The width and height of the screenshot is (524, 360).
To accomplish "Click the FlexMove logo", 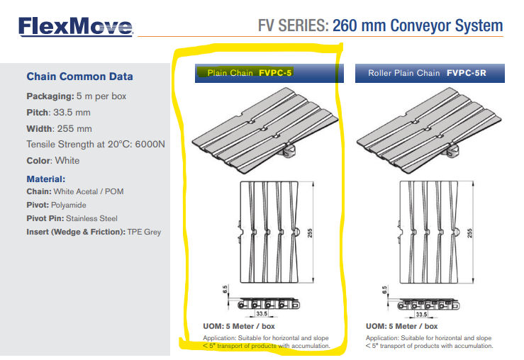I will pyautogui.click(x=75, y=28).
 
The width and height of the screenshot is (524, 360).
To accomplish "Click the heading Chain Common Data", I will pyautogui.click(x=79, y=77).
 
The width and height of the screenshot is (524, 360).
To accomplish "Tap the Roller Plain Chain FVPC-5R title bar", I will pyautogui.click(x=429, y=73).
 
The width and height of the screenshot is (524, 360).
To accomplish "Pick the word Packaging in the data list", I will pyautogui.click(x=49, y=96).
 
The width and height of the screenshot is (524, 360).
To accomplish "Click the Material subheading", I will pyautogui.click(x=46, y=179).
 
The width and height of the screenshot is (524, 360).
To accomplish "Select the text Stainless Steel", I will pyautogui.click(x=93, y=218).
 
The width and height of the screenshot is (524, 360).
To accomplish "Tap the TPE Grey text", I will pyautogui.click(x=145, y=232).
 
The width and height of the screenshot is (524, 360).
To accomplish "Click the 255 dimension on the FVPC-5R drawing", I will pyautogui.click(x=472, y=232).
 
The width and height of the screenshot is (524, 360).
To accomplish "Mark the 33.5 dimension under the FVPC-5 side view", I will pyautogui.click(x=262, y=314).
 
